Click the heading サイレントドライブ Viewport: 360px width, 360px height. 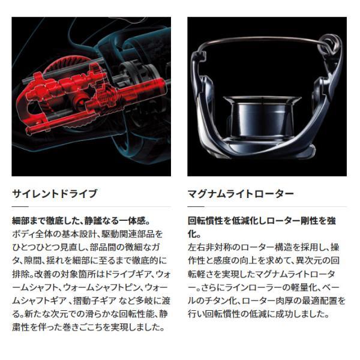coord(54,194)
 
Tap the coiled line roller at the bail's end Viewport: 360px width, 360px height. coord(329,45)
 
